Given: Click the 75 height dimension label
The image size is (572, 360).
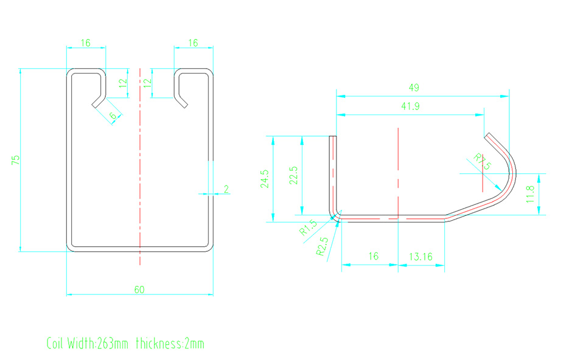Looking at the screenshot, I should point(16,160).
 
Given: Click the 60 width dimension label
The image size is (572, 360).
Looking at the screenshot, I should point(139,289).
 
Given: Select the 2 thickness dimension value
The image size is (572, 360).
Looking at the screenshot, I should point(226,189).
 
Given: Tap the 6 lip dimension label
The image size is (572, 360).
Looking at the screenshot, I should point(113,116).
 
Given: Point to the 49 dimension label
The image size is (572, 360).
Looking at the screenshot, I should point(414,88).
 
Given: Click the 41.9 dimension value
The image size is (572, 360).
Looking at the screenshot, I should point(410,106).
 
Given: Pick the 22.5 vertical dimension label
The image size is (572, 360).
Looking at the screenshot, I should point(294,175).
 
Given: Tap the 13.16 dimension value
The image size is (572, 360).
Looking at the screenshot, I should point(420,257).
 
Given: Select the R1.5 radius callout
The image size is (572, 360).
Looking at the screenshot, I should point(309,228).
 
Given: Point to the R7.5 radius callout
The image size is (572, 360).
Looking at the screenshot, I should point(482,162).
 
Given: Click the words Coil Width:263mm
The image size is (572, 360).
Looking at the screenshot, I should point(88,344).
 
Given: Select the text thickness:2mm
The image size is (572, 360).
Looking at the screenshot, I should point(170,344).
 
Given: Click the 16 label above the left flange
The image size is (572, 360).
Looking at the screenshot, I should point(85,43).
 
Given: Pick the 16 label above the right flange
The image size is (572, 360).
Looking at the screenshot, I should point(193,43).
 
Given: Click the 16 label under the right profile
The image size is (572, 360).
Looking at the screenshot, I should point(372,257).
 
